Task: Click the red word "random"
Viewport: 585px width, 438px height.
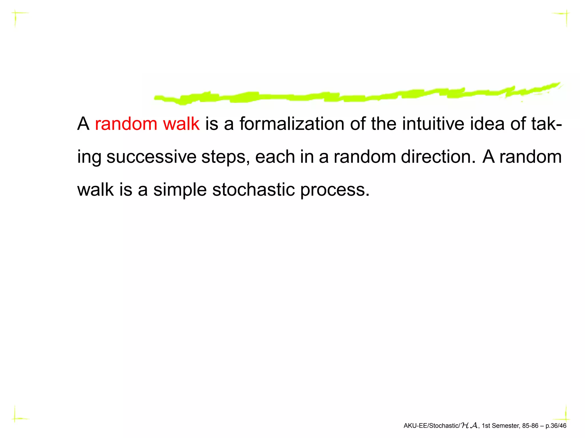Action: pyautogui.click(x=126, y=124)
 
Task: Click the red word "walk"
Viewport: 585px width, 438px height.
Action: pyautogui.click(x=181, y=124)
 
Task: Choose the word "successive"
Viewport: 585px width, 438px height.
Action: pyautogui.click(x=151, y=157)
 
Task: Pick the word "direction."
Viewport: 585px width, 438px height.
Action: pyautogui.click(x=438, y=157)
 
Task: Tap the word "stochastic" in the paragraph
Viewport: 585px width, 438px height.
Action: pyautogui.click(x=253, y=190)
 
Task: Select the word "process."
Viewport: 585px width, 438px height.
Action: pyautogui.click(x=335, y=190)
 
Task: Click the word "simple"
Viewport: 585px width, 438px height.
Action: pyautogui.click(x=180, y=190)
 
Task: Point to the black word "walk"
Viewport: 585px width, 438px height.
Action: pyautogui.click(x=96, y=190)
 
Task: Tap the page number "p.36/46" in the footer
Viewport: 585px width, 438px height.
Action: pyautogui.click(x=556, y=426)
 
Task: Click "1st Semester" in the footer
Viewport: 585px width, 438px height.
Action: pyautogui.click(x=500, y=426)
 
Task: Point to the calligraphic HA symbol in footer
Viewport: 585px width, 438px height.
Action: pyautogui.click(x=469, y=426)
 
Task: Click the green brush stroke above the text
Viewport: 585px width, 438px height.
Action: pyautogui.click(x=343, y=95)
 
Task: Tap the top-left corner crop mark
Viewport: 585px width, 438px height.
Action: pyautogui.click(x=16, y=13)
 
